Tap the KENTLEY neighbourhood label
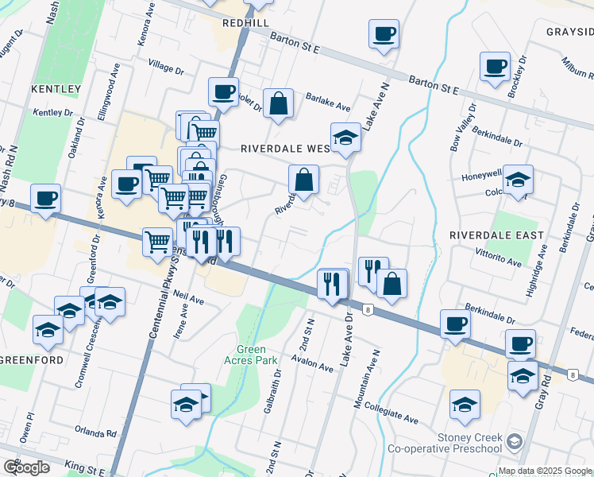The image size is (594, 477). point(56,88)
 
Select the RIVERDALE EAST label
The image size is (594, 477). point(496,235)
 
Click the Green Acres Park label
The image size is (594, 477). point(257,354)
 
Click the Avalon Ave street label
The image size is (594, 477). point(311,366)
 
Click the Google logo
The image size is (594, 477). point(25,467)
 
